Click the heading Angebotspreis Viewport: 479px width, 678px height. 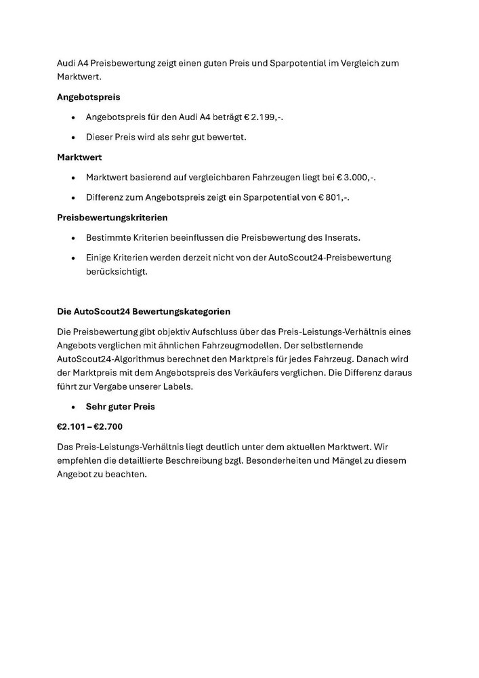click(x=88, y=97)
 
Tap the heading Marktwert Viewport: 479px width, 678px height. click(x=79, y=157)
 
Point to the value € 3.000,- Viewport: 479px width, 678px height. click(x=356, y=178)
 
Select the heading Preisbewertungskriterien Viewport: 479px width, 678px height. click(x=112, y=218)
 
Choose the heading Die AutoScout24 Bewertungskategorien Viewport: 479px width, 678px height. click(x=144, y=311)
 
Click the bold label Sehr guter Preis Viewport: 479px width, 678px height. click(x=121, y=407)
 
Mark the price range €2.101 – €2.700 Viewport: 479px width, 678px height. click(x=89, y=427)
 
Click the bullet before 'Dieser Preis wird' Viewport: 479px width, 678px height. click(x=73, y=138)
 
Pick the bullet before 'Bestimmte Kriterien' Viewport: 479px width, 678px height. click(x=73, y=238)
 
